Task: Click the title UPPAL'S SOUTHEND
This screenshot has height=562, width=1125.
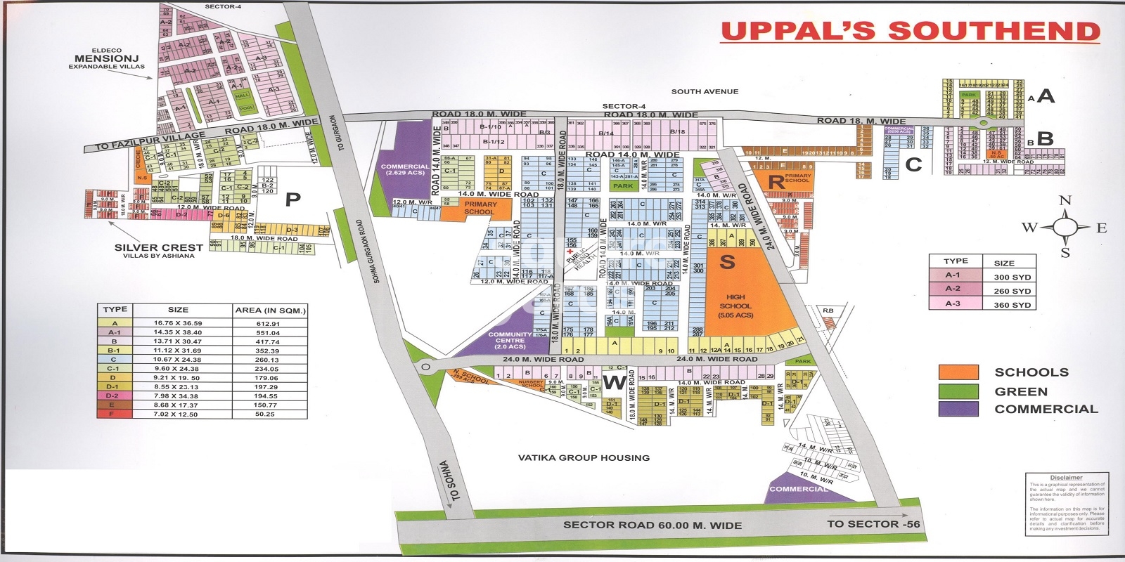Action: (911, 32)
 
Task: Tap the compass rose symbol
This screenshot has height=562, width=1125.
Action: (1065, 227)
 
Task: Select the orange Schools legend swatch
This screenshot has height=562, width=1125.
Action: (958, 372)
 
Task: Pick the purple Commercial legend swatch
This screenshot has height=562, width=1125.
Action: (958, 409)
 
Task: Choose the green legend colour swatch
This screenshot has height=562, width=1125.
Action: (958, 391)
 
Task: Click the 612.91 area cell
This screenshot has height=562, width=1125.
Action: (268, 324)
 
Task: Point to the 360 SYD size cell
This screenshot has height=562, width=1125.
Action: (1012, 305)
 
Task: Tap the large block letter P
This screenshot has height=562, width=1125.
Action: (292, 200)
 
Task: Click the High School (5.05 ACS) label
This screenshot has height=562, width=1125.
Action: (735, 306)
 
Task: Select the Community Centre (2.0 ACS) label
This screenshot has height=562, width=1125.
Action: (510, 340)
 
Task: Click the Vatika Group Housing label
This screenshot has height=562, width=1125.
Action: (584, 457)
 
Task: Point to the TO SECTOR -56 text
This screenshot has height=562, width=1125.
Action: (873, 524)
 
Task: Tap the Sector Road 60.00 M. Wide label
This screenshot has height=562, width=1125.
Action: (652, 525)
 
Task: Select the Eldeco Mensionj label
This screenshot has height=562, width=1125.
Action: (107, 59)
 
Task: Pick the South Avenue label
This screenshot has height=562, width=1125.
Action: (705, 91)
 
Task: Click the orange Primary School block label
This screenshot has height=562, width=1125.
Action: (480, 208)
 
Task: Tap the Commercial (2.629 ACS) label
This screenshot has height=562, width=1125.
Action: (404, 169)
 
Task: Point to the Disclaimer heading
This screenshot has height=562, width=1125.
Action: (1066, 478)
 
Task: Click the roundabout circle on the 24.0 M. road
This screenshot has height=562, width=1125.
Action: (425, 367)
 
